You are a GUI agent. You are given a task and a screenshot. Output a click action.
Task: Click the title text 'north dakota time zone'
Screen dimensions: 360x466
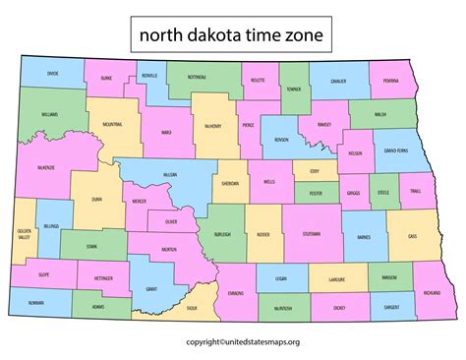pos(232,36)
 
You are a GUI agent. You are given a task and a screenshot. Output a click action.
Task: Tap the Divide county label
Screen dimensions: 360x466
pos(53,73)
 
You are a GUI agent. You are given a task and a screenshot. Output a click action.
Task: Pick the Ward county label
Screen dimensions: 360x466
pos(167,131)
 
